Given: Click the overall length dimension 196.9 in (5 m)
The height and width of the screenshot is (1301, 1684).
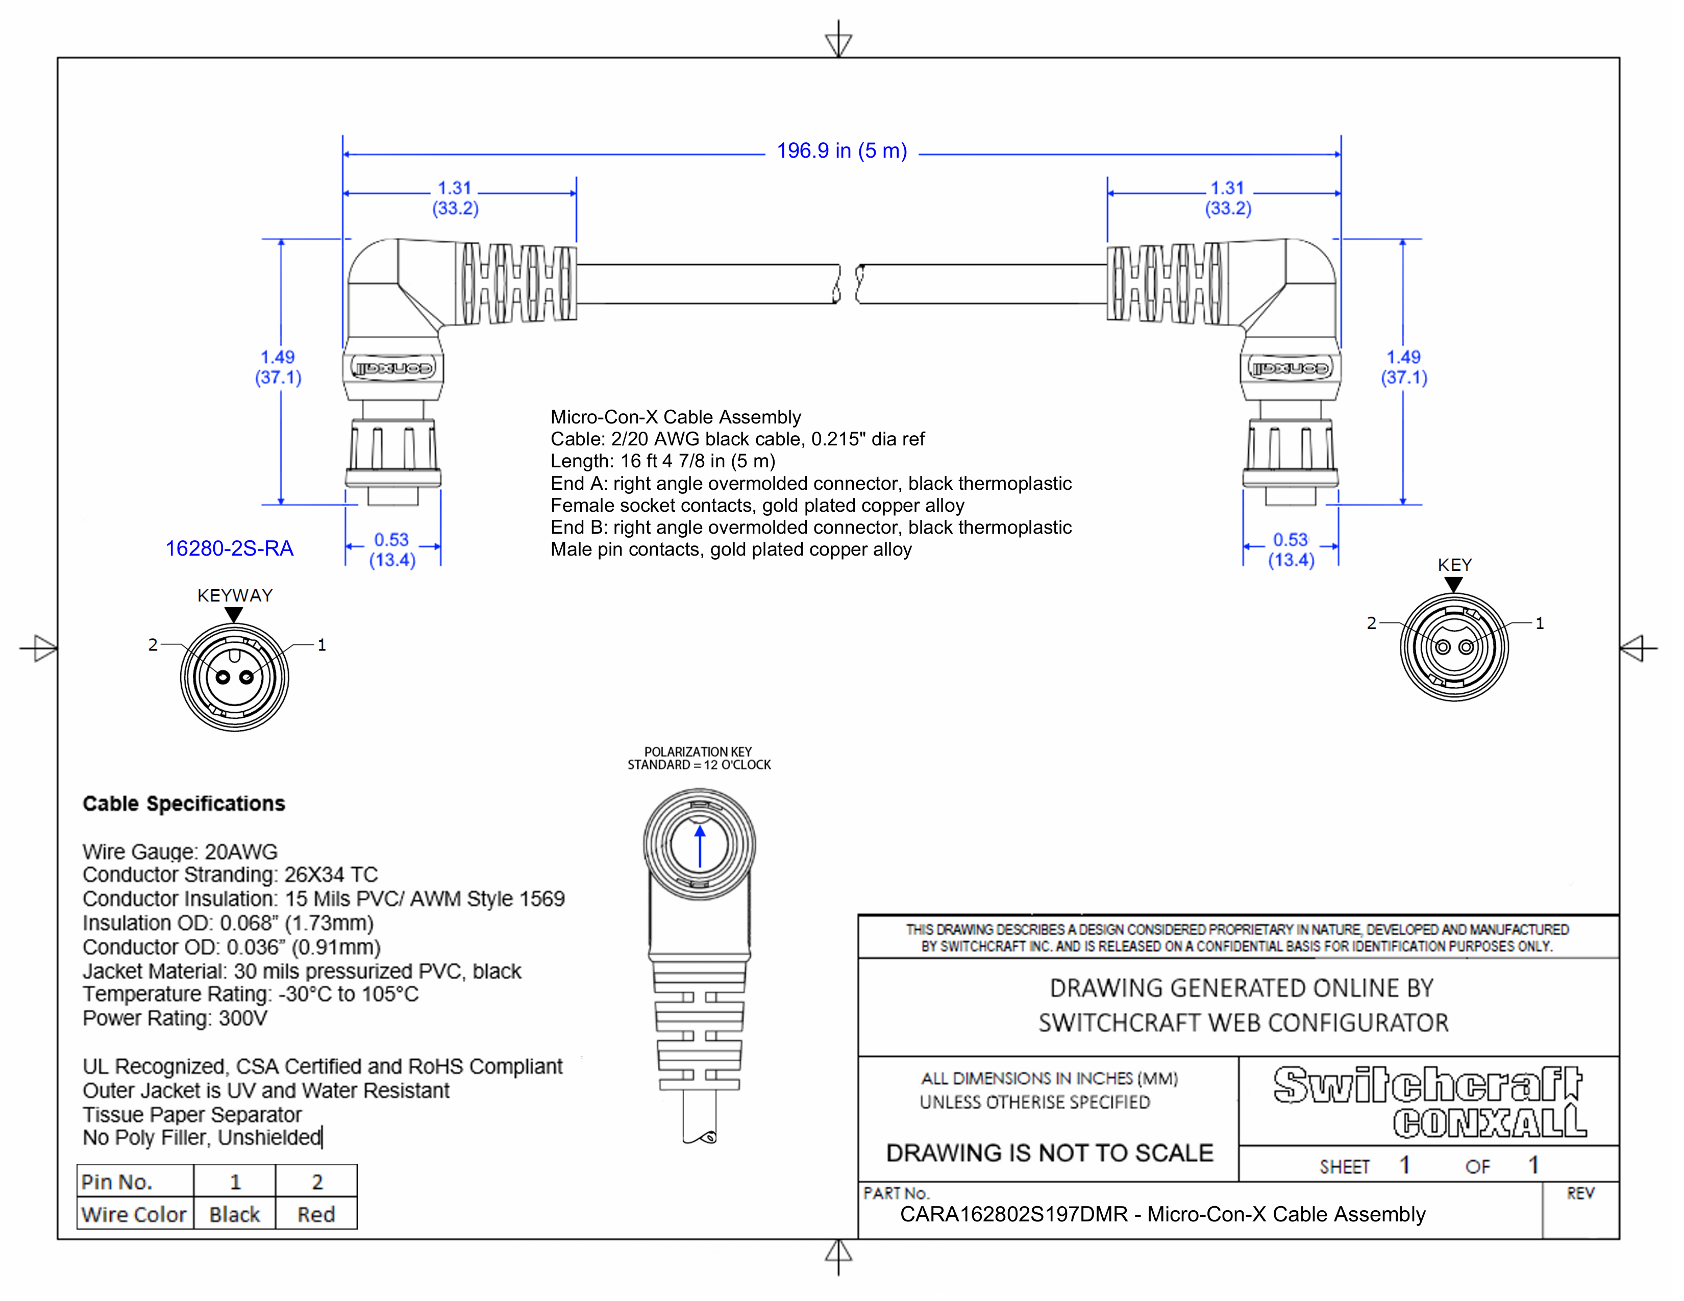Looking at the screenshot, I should (841, 151).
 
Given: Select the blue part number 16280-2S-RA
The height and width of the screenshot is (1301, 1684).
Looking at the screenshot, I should (229, 549).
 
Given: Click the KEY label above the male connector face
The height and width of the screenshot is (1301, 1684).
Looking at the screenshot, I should (1454, 565).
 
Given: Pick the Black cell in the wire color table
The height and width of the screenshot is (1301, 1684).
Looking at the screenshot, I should (234, 1215).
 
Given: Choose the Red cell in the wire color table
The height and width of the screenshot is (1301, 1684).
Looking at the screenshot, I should (316, 1215).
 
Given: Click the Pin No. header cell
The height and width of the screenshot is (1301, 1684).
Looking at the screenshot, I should (117, 1182).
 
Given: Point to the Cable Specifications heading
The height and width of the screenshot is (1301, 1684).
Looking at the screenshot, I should (184, 804).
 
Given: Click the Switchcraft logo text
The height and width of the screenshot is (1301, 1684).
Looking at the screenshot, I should (1426, 1085).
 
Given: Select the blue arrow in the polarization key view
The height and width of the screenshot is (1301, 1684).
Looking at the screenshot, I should (699, 847).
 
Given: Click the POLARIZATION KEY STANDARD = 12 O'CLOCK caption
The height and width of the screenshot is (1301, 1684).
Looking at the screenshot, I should (699, 758).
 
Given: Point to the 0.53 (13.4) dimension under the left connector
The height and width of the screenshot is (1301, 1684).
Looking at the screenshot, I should (392, 549).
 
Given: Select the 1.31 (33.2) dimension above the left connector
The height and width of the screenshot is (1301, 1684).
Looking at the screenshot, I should (455, 198).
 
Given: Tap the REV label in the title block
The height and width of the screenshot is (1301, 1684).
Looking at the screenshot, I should (1580, 1194).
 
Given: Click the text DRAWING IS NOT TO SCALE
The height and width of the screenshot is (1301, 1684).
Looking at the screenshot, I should (1049, 1153).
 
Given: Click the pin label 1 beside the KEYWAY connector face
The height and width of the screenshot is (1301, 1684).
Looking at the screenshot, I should (321, 645).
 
